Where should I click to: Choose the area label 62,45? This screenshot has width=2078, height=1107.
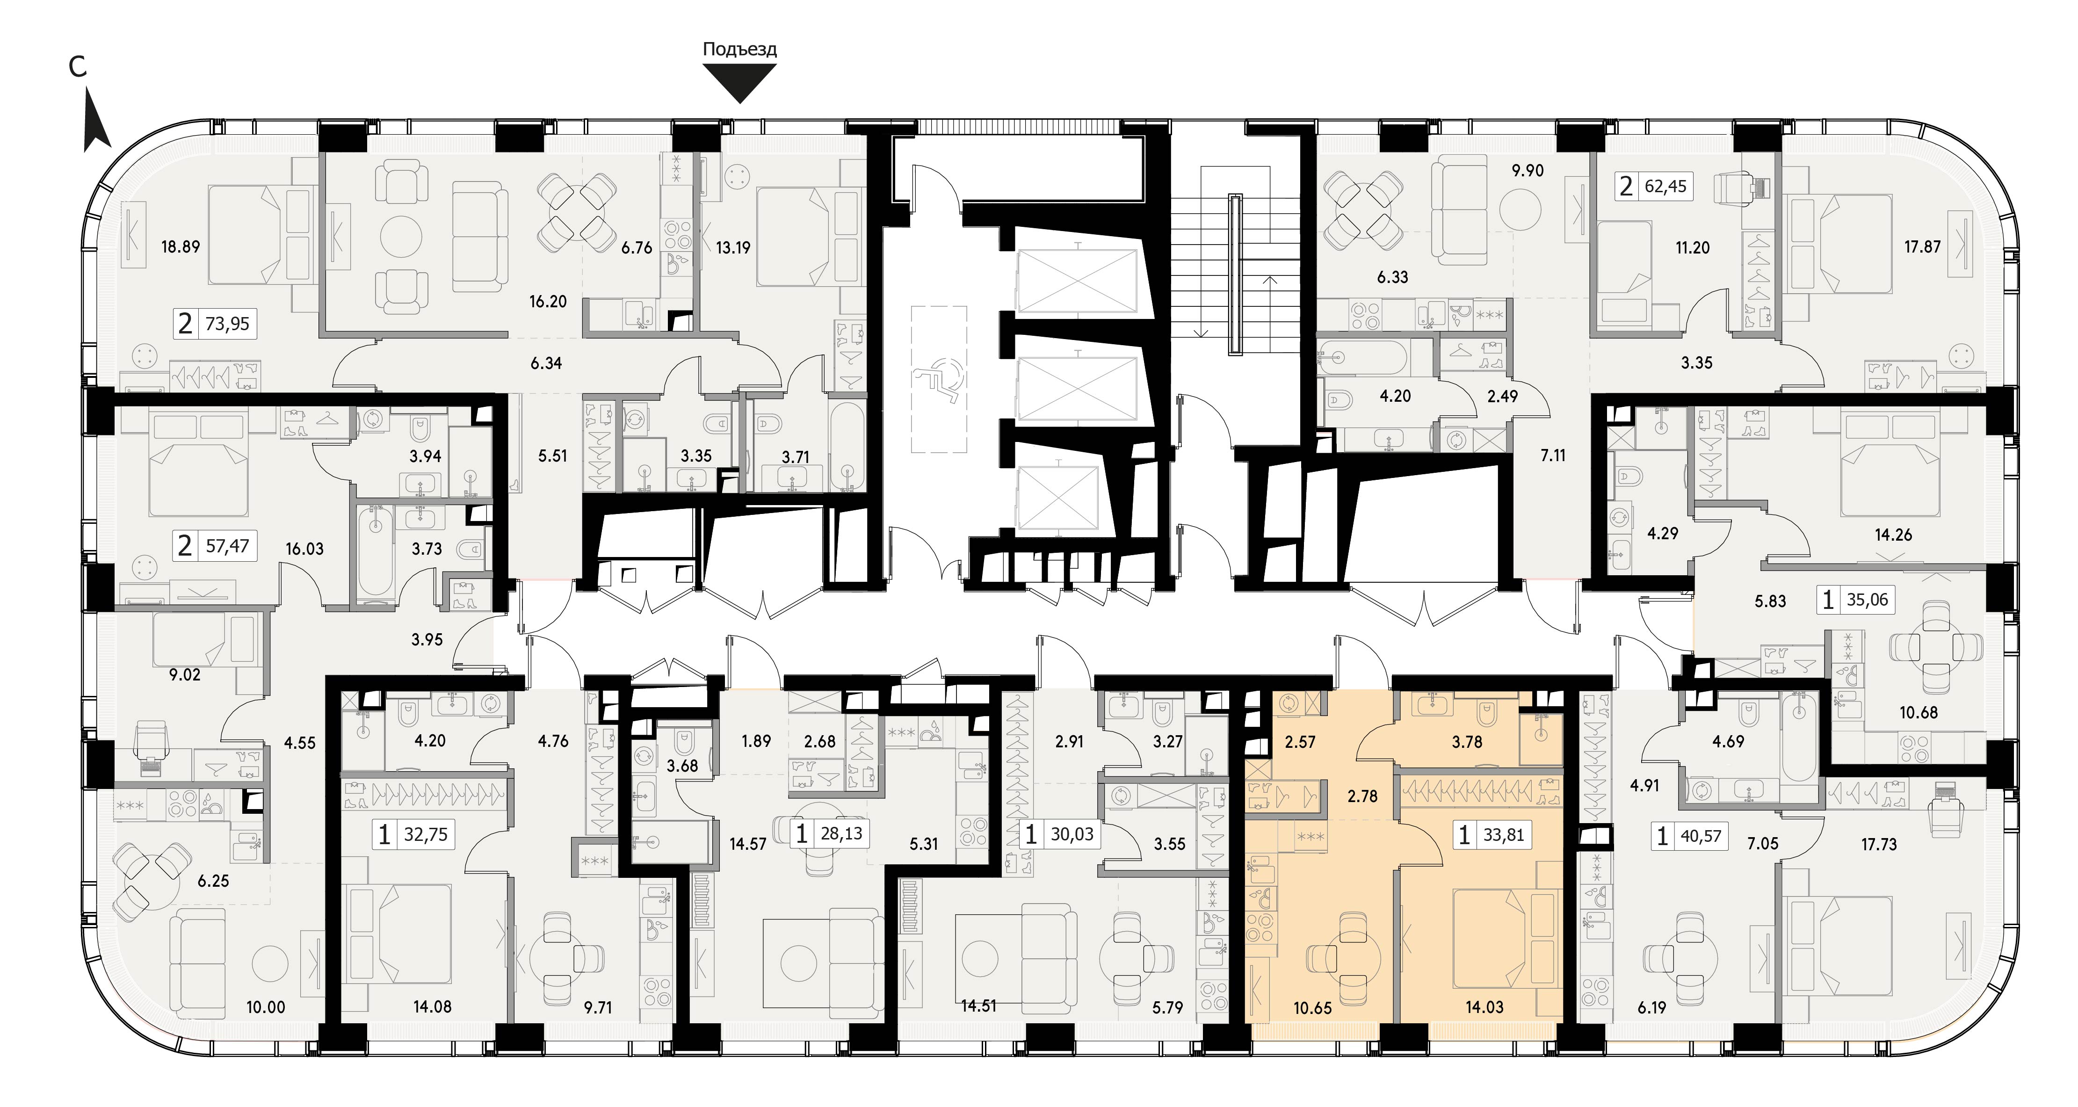pyautogui.click(x=1665, y=187)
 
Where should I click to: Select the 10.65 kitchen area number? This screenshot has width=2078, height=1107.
pyautogui.click(x=1312, y=1008)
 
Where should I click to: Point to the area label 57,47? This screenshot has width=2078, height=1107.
pyautogui.click(x=227, y=546)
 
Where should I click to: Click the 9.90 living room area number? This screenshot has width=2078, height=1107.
pyautogui.click(x=1527, y=170)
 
